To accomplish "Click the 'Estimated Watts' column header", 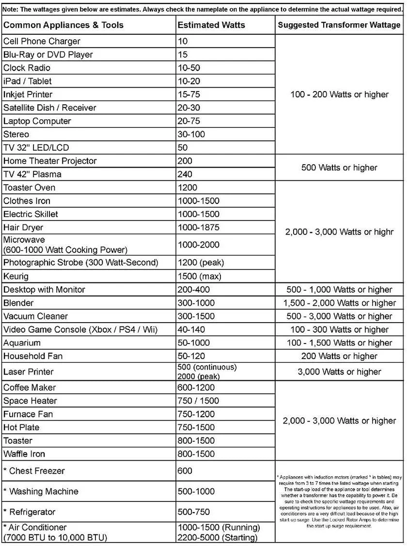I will (x=211, y=25).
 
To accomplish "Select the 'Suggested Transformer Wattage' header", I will (x=339, y=25).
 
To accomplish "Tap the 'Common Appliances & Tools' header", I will (x=63, y=25).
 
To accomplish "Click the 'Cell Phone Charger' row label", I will (x=42, y=41).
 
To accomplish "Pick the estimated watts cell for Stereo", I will (x=191, y=134).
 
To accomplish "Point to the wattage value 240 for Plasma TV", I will (x=185, y=174).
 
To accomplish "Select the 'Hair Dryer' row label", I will (x=23, y=227).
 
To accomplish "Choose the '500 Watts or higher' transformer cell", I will (x=339, y=168).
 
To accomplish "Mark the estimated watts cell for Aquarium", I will (x=194, y=343).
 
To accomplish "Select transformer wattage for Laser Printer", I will (x=339, y=372).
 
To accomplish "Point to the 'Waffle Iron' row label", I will (x=24, y=454).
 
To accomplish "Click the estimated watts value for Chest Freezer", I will (x=185, y=470).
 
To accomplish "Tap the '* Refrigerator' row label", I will (x=30, y=512).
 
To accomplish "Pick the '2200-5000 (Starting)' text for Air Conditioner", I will (x=218, y=537).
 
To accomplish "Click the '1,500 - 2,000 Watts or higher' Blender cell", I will (x=339, y=303).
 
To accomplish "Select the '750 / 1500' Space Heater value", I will (x=198, y=401).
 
